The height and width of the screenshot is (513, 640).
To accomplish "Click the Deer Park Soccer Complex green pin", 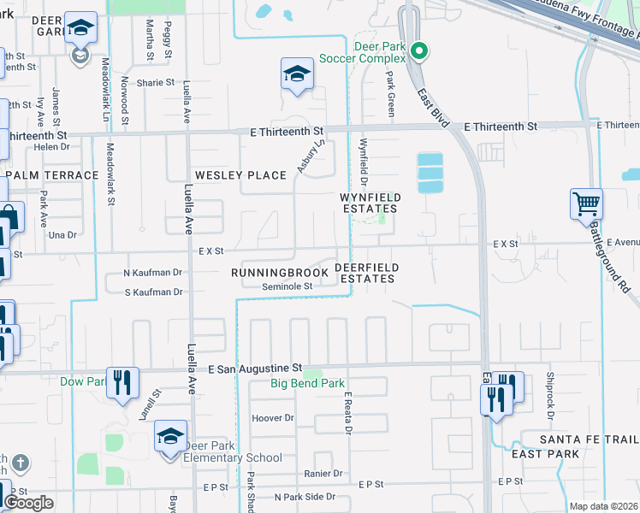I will click(x=418, y=52).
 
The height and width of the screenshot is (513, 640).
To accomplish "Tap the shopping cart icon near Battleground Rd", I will click(x=586, y=204).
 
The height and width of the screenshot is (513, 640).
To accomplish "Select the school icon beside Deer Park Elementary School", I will click(x=170, y=438).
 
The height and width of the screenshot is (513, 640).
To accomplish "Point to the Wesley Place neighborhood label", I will click(x=240, y=175).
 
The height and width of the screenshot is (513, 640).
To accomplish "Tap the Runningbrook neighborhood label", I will click(x=280, y=273).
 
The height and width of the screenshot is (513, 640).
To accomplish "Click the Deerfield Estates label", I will click(x=364, y=273).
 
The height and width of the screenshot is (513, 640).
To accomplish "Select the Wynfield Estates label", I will click(x=370, y=203).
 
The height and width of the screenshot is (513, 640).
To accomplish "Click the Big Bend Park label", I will click(x=307, y=384).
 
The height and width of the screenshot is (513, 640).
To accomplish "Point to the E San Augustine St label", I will click(x=256, y=368).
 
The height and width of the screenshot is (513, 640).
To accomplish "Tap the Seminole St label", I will click(x=287, y=287).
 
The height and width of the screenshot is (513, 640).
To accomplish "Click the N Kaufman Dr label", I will click(x=153, y=273).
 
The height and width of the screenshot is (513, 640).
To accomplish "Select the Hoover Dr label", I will click(x=273, y=418).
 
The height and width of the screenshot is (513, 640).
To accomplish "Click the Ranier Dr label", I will click(x=323, y=473).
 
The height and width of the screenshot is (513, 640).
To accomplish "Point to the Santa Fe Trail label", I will click(x=589, y=439).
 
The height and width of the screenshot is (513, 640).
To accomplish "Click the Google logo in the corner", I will click(x=28, y=503).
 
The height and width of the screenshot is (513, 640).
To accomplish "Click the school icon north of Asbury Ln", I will click(x=297, y=74).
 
